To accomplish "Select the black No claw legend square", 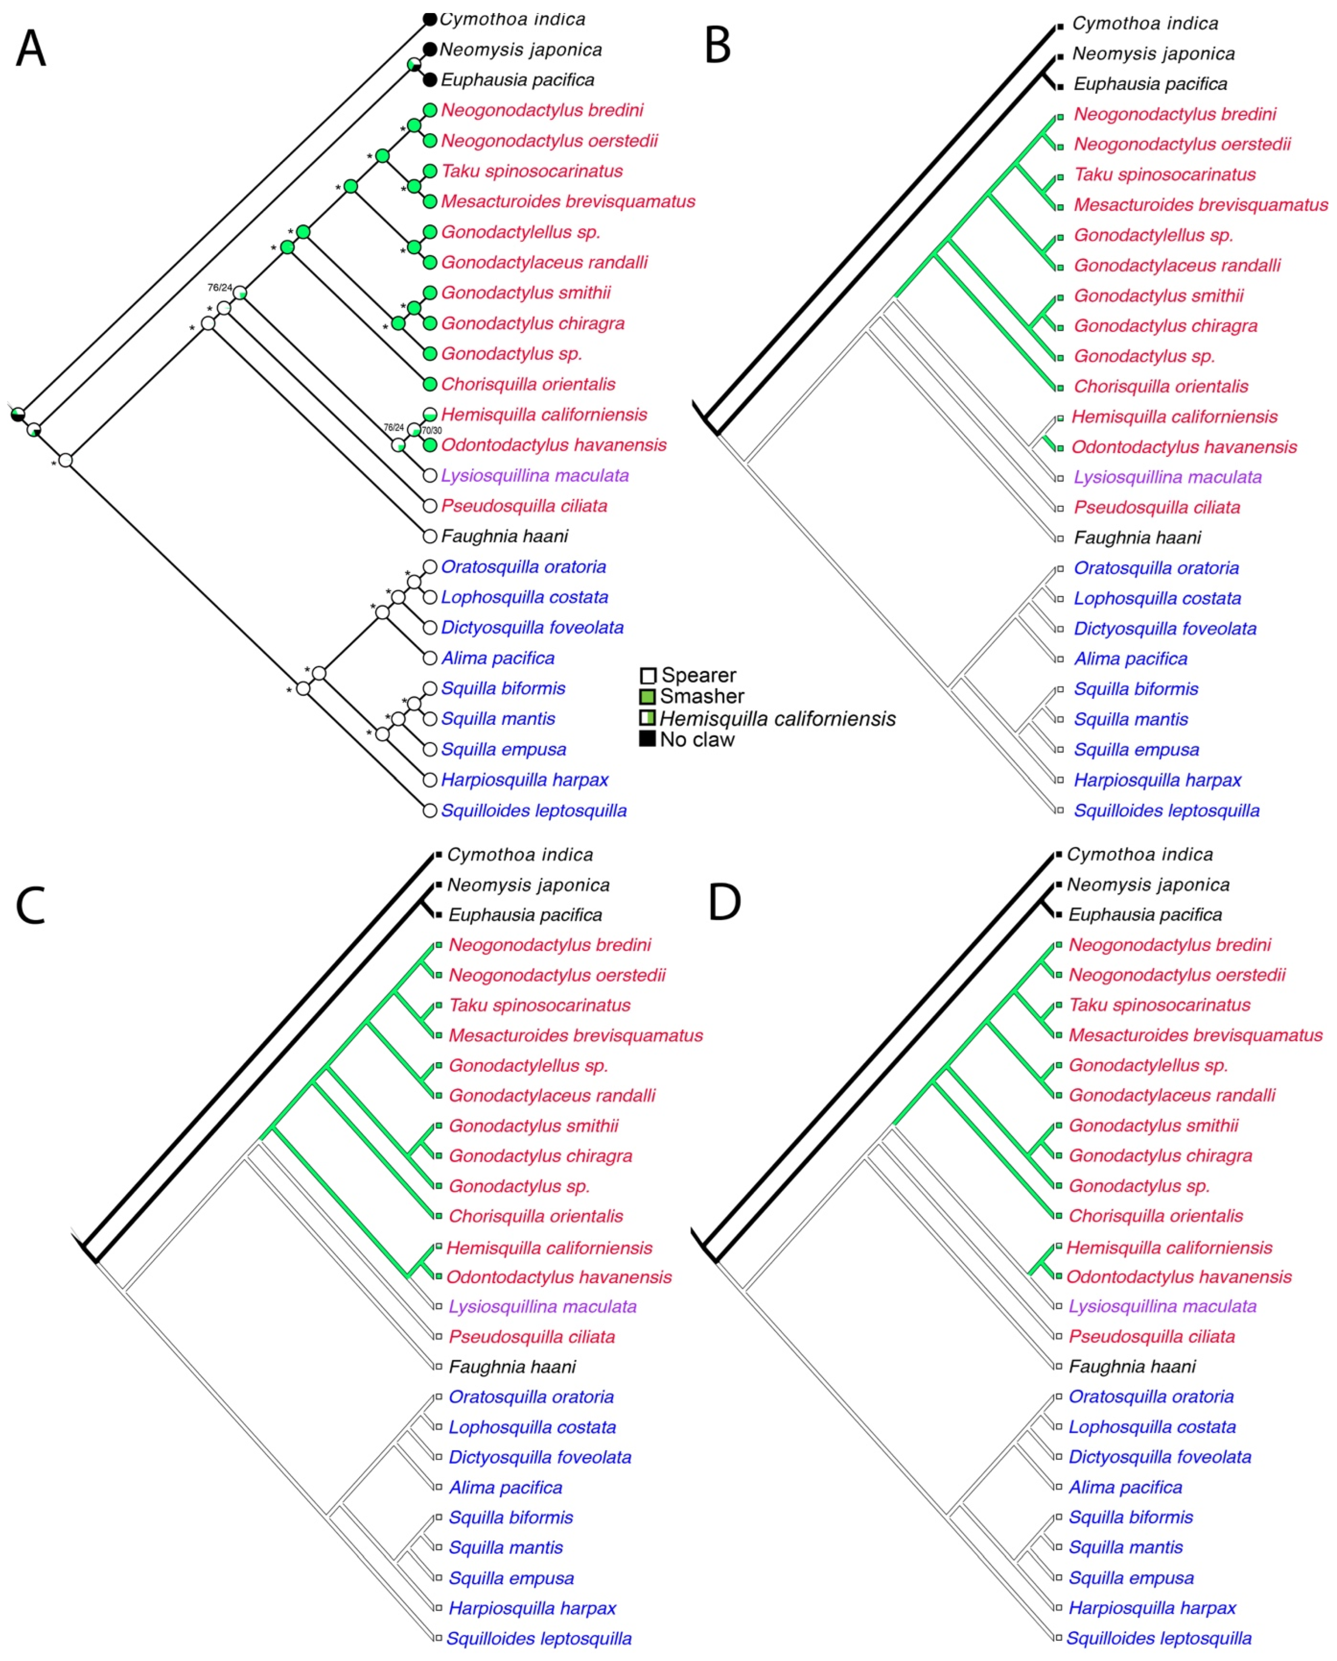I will (647, 739).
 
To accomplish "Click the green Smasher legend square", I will (647, 696).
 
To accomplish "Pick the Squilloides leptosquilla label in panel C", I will (539, 1639).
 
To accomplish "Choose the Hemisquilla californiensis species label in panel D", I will (1169, 1247).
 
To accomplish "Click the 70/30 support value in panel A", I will (432, 431).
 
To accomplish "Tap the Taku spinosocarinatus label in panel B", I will (1165, 175).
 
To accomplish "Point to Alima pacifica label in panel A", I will (498, 658).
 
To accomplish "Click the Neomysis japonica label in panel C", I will (528, 885).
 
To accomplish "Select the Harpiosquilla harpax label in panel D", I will (1152, 1608).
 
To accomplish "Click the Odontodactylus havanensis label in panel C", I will (559, 1277).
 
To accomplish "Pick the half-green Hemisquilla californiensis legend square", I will (647, 718).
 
